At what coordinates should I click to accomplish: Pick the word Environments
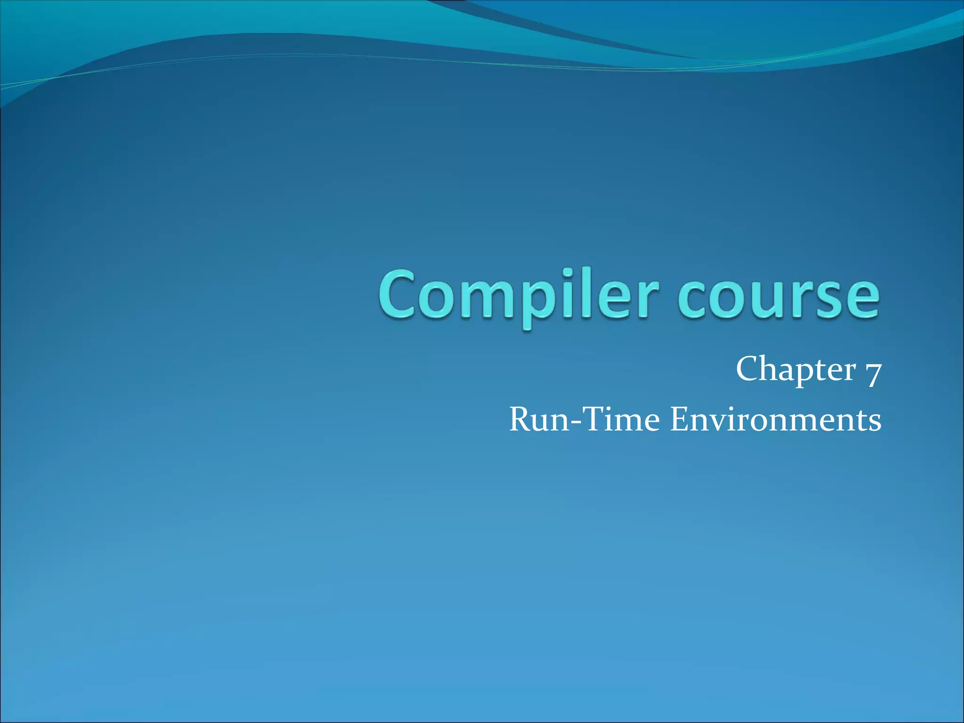(x=775, y=419)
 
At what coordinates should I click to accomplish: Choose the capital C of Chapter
(x=750, y=370)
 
